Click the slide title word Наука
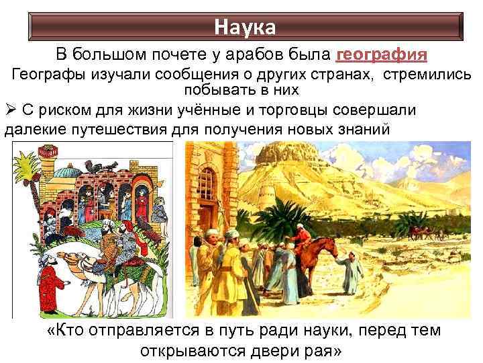pos(244,28)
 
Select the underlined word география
pos(381,54)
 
